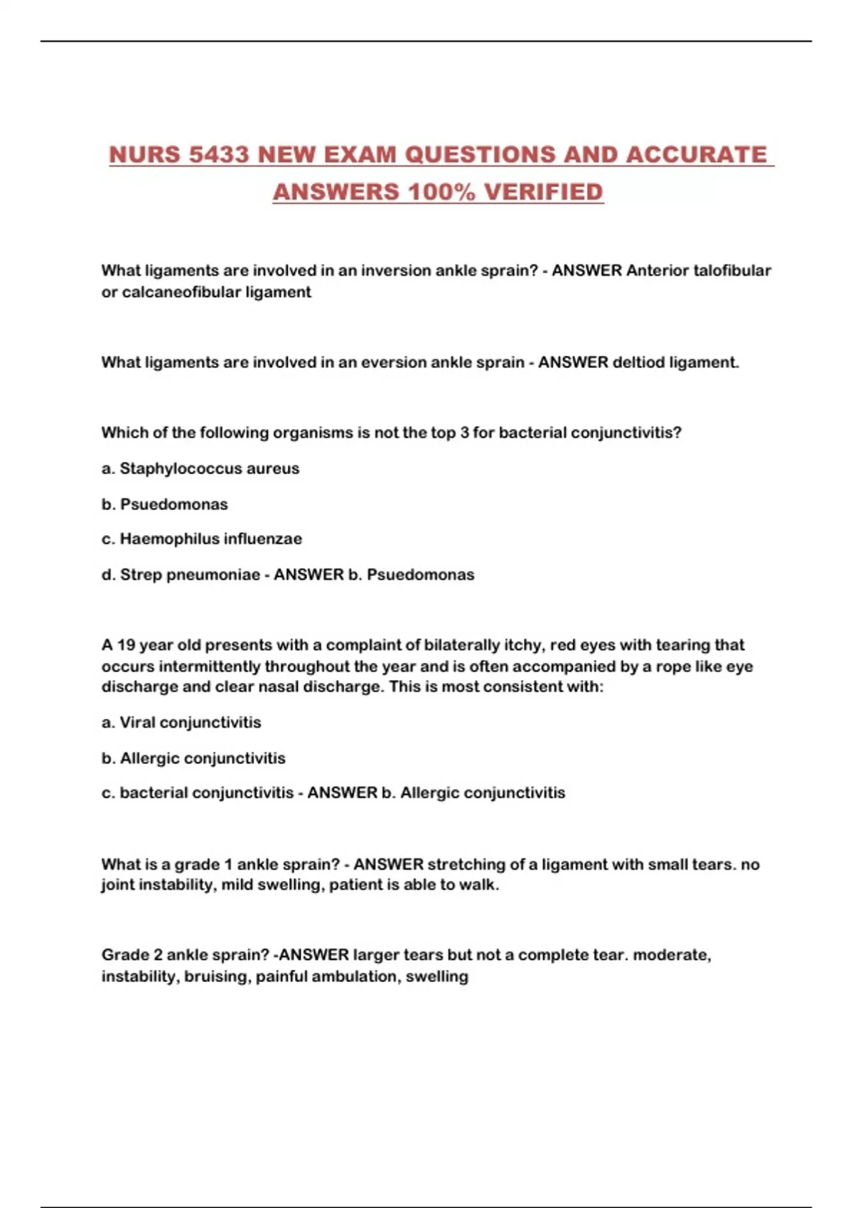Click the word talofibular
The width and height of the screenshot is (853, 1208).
(731, 271)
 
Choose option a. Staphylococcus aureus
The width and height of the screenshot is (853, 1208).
(200, 469)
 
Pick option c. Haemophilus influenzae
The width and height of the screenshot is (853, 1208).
(202, 539)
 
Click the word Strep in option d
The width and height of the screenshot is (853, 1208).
(140, 575)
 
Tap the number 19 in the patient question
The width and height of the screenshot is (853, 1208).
(126, 645)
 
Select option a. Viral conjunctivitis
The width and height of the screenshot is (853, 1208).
(181, 723)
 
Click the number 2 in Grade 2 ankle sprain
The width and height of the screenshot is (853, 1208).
(157, 955)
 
